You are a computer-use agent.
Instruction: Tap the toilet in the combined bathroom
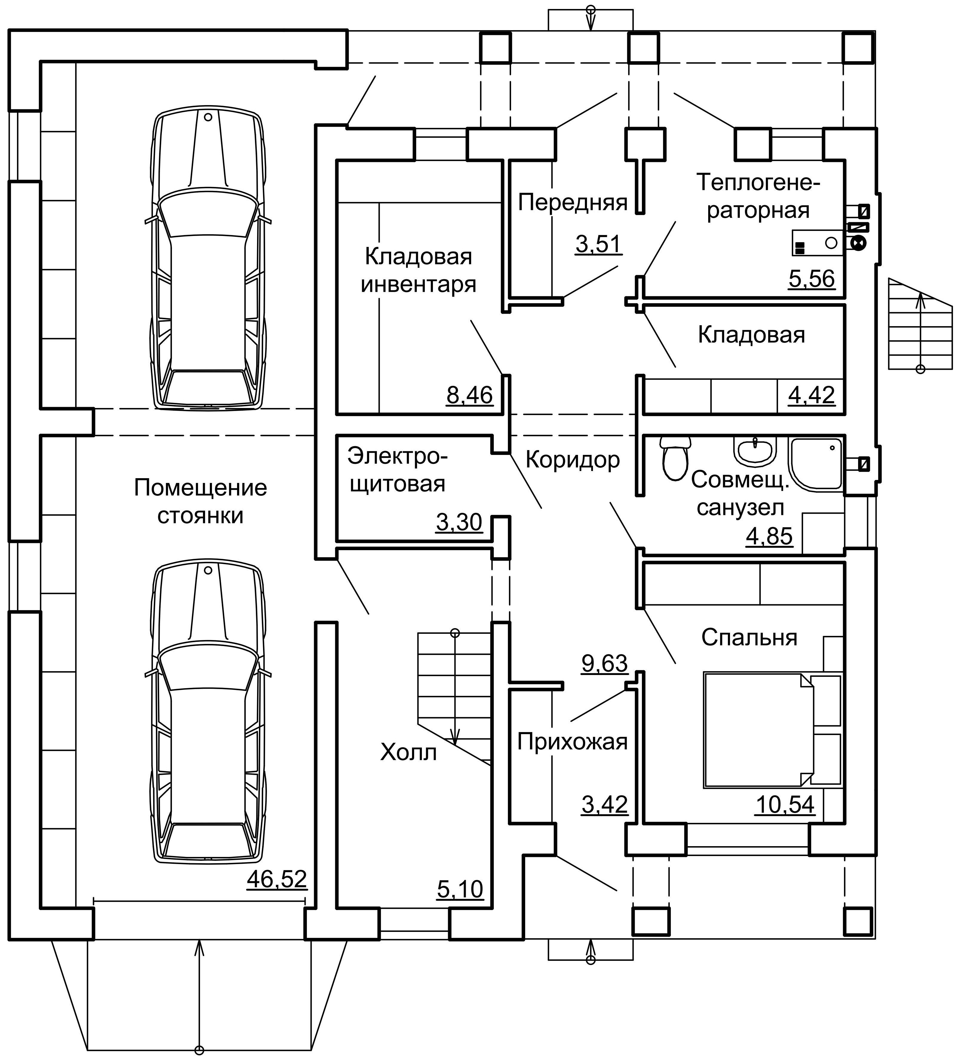(675, 456)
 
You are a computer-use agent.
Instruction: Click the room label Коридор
(573, 460)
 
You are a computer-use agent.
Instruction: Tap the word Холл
(408, 753)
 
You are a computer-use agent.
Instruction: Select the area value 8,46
(469, 395)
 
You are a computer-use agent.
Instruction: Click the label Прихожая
(572, 742)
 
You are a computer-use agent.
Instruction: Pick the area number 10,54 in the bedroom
(785, 805)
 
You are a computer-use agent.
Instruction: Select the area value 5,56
(812, 279)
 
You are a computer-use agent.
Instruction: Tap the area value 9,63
(604, 664)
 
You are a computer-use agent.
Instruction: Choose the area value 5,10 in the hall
(460, 889)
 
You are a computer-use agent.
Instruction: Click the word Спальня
(749, 638)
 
